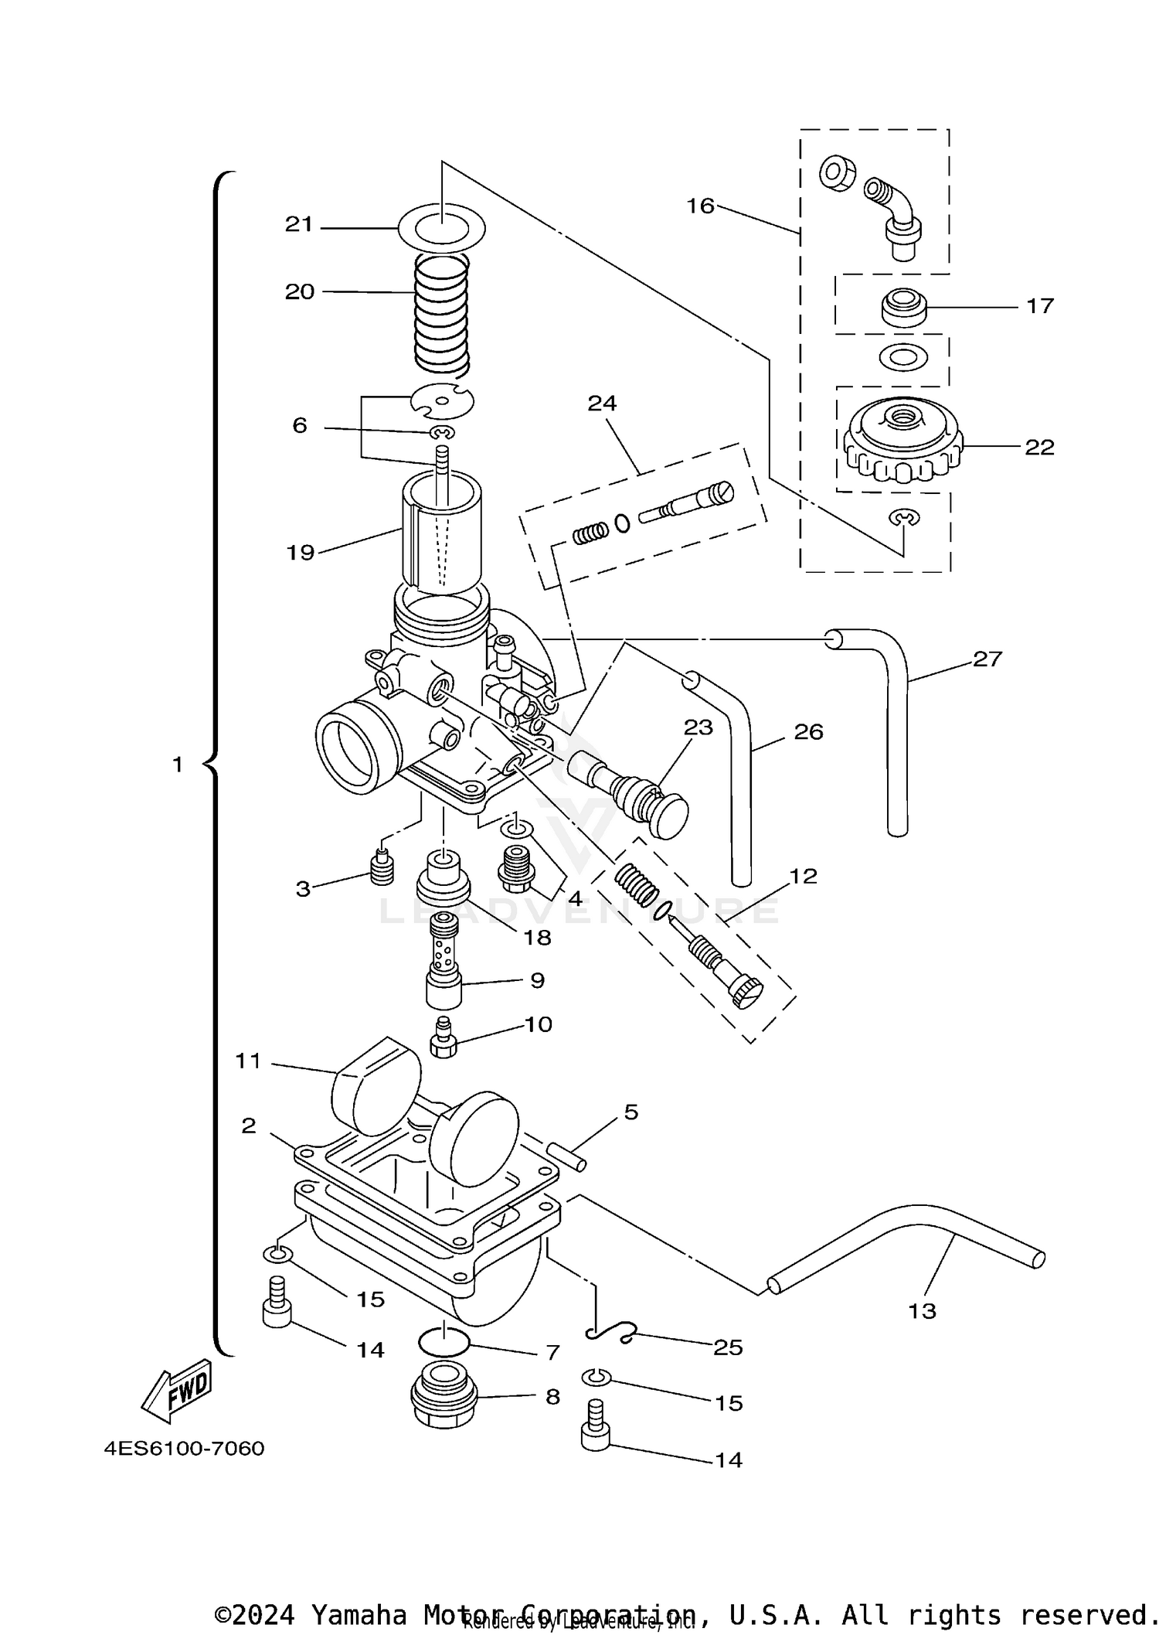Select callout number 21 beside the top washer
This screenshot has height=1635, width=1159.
pos(299,225)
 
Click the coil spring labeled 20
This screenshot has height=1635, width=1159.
pos(442,313)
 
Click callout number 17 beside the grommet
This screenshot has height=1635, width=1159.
pos(1039,306)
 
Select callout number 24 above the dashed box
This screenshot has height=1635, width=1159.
pos(602,404)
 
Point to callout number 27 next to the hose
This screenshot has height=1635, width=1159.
pos(987,659)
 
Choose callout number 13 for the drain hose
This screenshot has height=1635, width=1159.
pos(922,1310)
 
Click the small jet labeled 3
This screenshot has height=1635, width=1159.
pos(381,870)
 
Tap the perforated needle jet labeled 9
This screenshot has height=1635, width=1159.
pos(444,962)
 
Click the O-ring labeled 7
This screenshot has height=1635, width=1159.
pos(444,1343)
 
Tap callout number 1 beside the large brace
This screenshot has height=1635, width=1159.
pos(178,765)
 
